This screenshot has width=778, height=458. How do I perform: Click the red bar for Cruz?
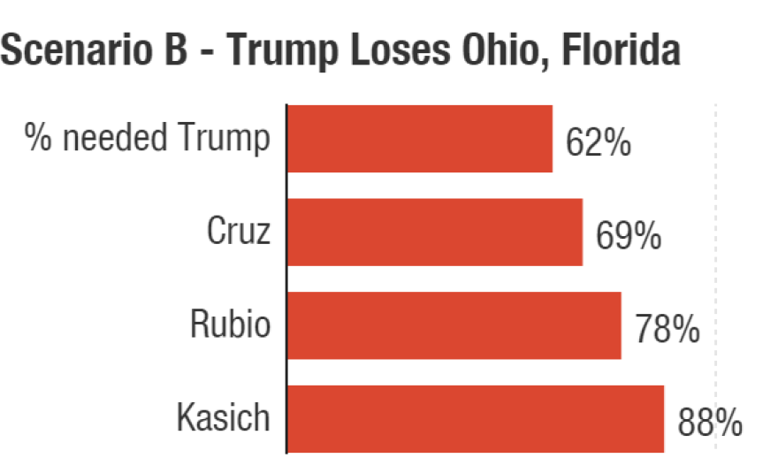pyautogui.click(x=434, y=232)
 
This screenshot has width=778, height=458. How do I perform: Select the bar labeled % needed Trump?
pyautogui.click(x=419, y=139)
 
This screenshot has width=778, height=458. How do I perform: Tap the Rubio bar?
pyautogui.click(x=454, y=325)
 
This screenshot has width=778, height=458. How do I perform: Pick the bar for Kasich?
pyautogui.click(x=475, y=418)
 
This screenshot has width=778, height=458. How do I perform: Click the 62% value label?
pyautogui.click(x=599, y=143)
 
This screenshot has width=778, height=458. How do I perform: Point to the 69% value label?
pyautogui.click(x=628, y=237)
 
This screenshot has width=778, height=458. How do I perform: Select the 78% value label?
pyautogui.click(x=667, y=330)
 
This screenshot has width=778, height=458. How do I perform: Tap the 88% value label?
pyautogui.click(x=710, y=424)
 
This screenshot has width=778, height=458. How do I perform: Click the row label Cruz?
pyautogui.click(x=238, y=232)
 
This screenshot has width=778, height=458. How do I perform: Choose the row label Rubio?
pyautogui.click(x=230, y=324)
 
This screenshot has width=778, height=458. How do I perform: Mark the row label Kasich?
pyautogui.click(x=223, y=417)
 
